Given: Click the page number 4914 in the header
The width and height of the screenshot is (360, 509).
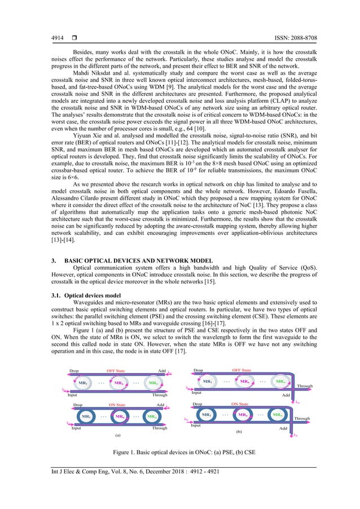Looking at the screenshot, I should (x=51, y=38).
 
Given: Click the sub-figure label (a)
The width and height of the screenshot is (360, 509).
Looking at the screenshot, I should (x=118, y=436).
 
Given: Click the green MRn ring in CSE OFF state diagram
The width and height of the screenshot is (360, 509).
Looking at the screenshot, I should (x=279, y=381).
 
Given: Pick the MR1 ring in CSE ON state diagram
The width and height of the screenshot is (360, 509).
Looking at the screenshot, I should (x=207, y=415).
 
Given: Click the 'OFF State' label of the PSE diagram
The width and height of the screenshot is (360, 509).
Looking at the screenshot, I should (x=119, y=371).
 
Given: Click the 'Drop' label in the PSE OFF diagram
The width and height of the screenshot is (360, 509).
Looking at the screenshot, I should (x=74, y=371).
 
